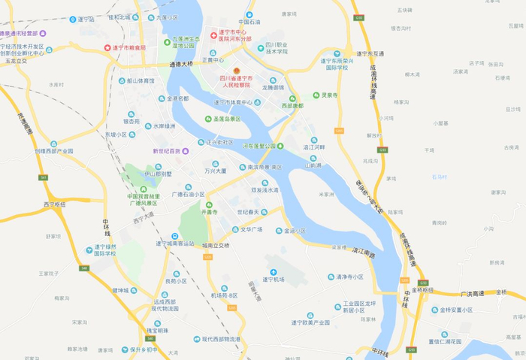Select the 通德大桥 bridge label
[x=181, y=65]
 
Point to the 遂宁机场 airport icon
[x=273, y=271]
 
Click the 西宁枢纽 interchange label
[x=54, y=204]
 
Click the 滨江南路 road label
[x=360, y=255]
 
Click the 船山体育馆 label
[x=140, y=80]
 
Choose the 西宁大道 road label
[x=143, y=218]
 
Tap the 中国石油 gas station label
[x=249, y=22]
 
